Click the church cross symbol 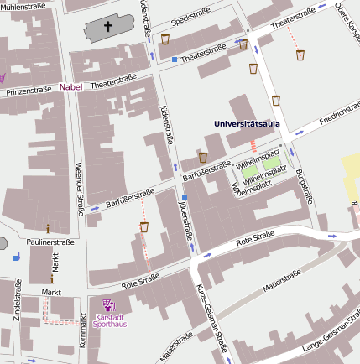[x=107, y=27]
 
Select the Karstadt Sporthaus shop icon [x=107, y=305]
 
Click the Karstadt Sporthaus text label [x=109, y=320]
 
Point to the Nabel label [x=71, y=87]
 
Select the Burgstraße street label [x=303, y=186]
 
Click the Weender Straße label [x=81, y=188]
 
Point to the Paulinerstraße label [x=50, y=242]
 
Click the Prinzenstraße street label [x=29, y=90]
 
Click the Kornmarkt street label [x=82, y=330]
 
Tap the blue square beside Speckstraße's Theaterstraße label [x=175, y=60]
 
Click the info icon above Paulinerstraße [x=48, y=228]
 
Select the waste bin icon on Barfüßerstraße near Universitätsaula [x=202, y=157]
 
